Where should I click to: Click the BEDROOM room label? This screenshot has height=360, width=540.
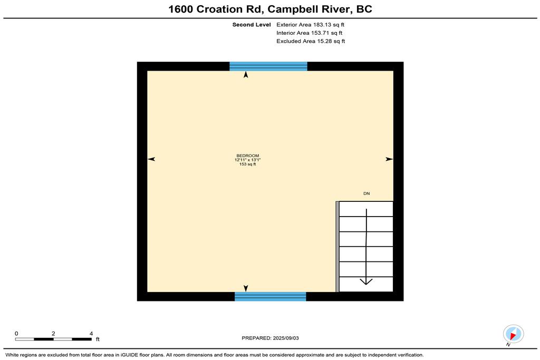(x=248, y=155)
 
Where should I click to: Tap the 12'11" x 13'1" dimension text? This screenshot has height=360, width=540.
(x=248, y=160)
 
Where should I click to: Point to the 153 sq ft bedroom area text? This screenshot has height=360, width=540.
(x=248, y=164)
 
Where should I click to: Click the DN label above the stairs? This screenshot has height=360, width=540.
(x=367, y=193)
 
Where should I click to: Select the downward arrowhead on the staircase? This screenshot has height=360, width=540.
(x=366, y=281)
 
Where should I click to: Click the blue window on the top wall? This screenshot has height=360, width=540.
(x=268, y=66)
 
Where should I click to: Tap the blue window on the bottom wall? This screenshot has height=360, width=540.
(x=271, y=296)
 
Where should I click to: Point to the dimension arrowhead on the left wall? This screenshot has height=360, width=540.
(x=151, y=159)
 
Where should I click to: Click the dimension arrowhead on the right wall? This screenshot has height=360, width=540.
(x=389, y=159)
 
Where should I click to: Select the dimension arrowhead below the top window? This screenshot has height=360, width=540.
(x=246, y=75)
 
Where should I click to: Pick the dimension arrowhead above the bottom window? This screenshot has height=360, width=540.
(x=246, y=288)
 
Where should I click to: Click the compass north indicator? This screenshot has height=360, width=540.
(x=513, y=334)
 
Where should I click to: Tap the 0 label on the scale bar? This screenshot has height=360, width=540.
(x=16, y=334)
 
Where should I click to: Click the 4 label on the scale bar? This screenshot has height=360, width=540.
(x=91, y=334)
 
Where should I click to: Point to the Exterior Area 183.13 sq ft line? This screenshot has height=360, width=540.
(x=310, y=25)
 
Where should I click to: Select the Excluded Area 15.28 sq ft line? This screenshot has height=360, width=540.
(x=311, y=41)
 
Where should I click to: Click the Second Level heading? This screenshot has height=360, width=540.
(x=252, y=25)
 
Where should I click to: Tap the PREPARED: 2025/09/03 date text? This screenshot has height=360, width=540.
(x=271, y=338)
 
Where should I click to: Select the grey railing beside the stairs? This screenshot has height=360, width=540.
(x=337, y=247)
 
